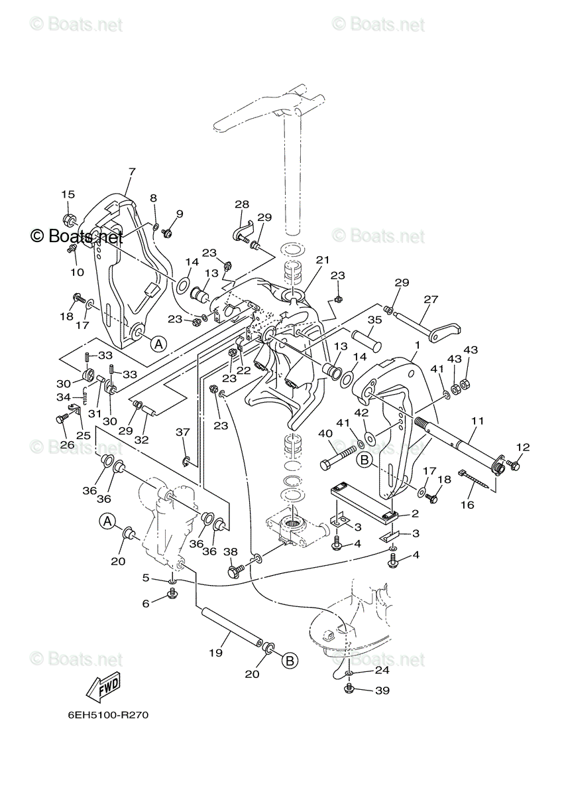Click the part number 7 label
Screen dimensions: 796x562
coord(131,172)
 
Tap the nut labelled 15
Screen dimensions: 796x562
coord(69,220)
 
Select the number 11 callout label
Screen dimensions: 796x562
coord(477,421)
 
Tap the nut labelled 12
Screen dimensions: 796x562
coord(514,466)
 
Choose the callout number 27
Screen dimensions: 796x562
coord(431,299)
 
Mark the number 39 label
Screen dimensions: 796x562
coord(382,690)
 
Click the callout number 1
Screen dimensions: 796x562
coord(417,345)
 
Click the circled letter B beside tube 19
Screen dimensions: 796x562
coord(289,660)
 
